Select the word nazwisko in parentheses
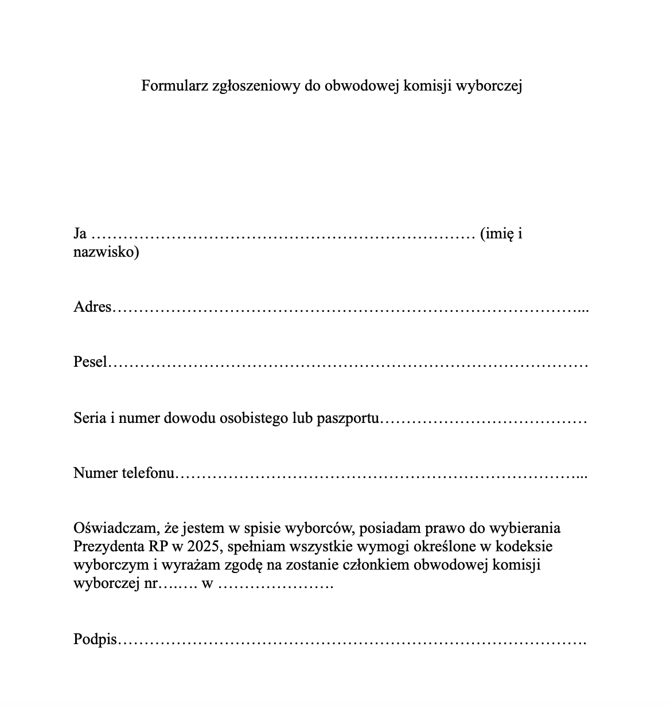104,252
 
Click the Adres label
92,307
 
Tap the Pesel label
90,362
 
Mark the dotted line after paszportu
484,419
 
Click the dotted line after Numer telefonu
381,475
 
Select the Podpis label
95,640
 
